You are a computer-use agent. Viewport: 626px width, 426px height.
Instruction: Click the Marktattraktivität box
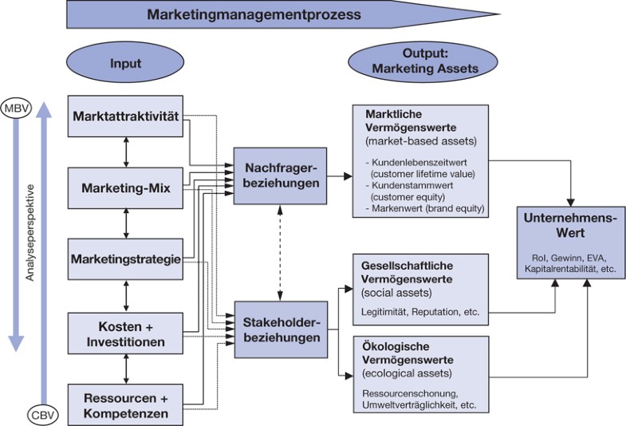127,116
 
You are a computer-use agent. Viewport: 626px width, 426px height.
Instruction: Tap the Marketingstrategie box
127,260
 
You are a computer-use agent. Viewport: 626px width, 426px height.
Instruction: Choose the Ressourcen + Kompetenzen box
127,404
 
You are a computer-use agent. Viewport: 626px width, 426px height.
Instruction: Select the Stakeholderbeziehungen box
281,329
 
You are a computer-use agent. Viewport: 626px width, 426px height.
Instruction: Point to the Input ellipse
127,63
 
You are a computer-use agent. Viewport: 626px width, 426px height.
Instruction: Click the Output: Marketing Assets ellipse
424,63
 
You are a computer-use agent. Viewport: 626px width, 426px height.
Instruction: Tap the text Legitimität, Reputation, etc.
420,311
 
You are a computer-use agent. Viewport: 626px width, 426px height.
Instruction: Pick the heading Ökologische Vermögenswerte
407,354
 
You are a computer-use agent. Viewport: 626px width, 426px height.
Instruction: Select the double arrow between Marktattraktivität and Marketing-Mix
127,152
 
